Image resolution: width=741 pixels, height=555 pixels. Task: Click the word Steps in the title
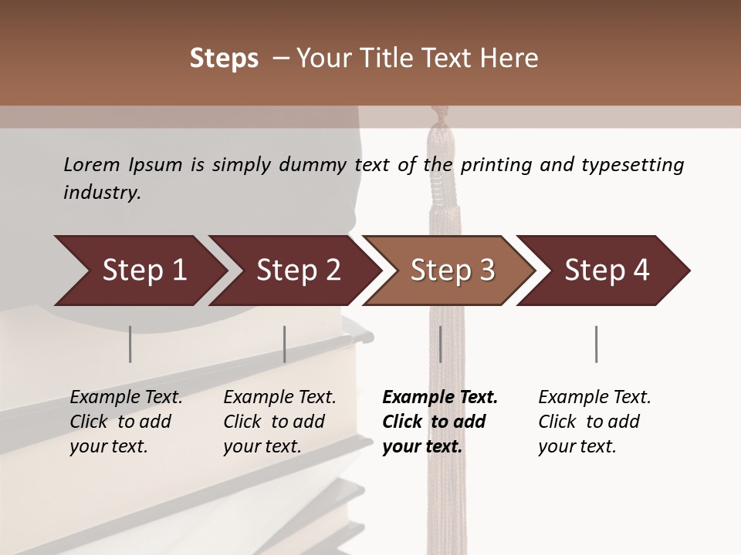pos(224,59)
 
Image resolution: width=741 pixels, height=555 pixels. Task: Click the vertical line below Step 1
pos(130,344)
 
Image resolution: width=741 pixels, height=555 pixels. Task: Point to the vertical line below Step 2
pos(284,344)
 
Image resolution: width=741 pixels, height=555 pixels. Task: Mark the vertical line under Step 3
pos(440,344)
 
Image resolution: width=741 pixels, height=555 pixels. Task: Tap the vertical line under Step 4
pos(596,344)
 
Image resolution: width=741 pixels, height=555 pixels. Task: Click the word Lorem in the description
pos(91,164)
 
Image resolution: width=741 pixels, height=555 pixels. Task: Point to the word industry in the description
pos(102,192)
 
